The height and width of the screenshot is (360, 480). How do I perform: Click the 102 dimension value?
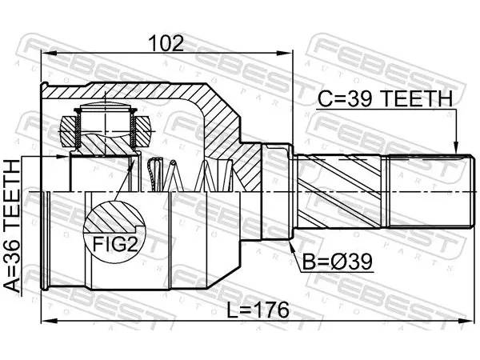pos(166,43)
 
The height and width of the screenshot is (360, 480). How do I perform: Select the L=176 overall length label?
pos(258,310)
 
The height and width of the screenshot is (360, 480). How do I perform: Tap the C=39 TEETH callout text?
pos(385,98)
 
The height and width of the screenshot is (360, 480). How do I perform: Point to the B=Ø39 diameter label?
pos(338,262)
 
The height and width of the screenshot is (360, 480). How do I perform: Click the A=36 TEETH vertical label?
pos(12,226)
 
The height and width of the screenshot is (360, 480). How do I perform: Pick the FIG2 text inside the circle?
pos(115,244)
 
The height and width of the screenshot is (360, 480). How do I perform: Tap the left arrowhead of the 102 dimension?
pos(48,54)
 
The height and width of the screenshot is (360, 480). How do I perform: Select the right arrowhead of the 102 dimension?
pos(286,54)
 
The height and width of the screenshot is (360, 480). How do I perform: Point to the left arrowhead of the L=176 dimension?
pos(48,321)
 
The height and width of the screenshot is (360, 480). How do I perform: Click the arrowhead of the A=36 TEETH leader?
pos(63,157)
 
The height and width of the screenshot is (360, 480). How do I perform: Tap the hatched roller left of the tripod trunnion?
pos(68,131)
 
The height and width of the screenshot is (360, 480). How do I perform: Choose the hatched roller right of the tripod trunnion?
pos(143,130)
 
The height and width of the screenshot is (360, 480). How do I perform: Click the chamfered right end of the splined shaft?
pos(469,191)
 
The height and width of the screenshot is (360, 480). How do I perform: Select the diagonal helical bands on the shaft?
pos(339,191)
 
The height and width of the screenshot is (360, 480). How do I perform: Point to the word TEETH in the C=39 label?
pos(418,98)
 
